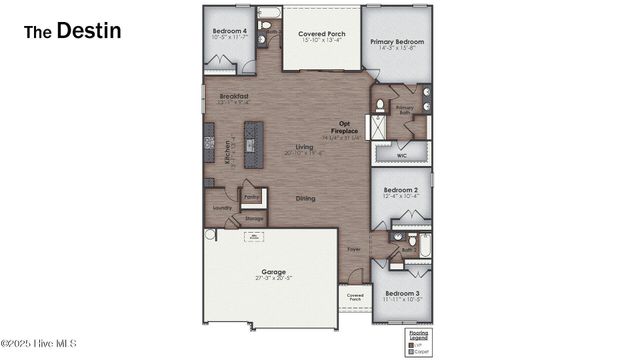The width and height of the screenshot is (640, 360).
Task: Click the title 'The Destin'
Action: (73, 31)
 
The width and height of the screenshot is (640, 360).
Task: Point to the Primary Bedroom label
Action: (397, 44)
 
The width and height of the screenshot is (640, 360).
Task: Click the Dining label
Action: (305, 198)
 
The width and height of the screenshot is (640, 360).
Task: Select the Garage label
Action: (273, 273)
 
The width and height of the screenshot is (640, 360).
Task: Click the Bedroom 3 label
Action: (402, 295)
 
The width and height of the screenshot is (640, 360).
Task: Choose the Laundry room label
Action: (222, 208)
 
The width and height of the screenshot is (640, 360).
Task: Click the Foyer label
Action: (353, 248)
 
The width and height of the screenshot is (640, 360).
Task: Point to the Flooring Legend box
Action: (418, 342)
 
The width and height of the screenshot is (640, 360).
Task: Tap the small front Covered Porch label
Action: (355, 297)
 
